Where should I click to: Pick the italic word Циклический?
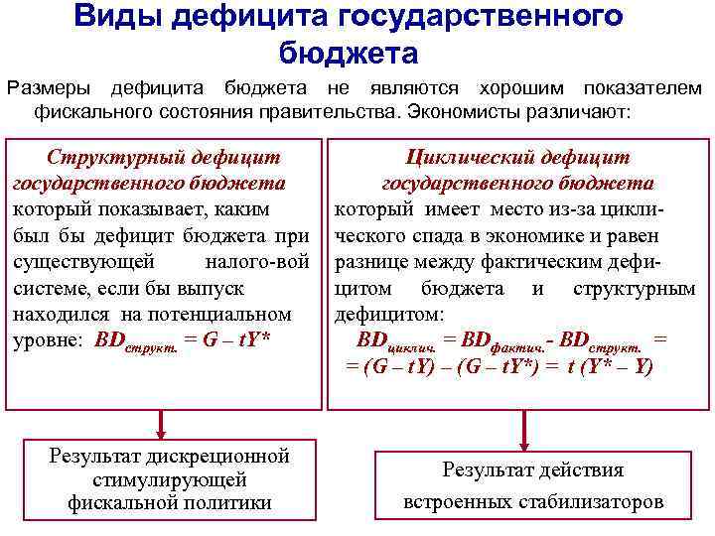coord(467,157)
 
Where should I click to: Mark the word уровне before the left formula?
coord(49,339)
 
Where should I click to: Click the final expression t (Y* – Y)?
coord(610,365)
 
